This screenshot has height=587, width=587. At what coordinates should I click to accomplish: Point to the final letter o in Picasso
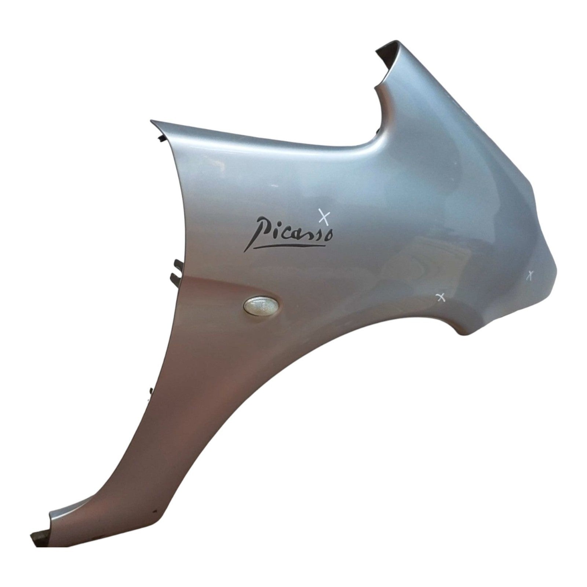[x=329, y=236]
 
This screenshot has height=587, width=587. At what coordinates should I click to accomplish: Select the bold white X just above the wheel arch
[x=441, y=297]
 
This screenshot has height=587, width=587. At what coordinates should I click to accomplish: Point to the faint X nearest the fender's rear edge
[x=530, y=276]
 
